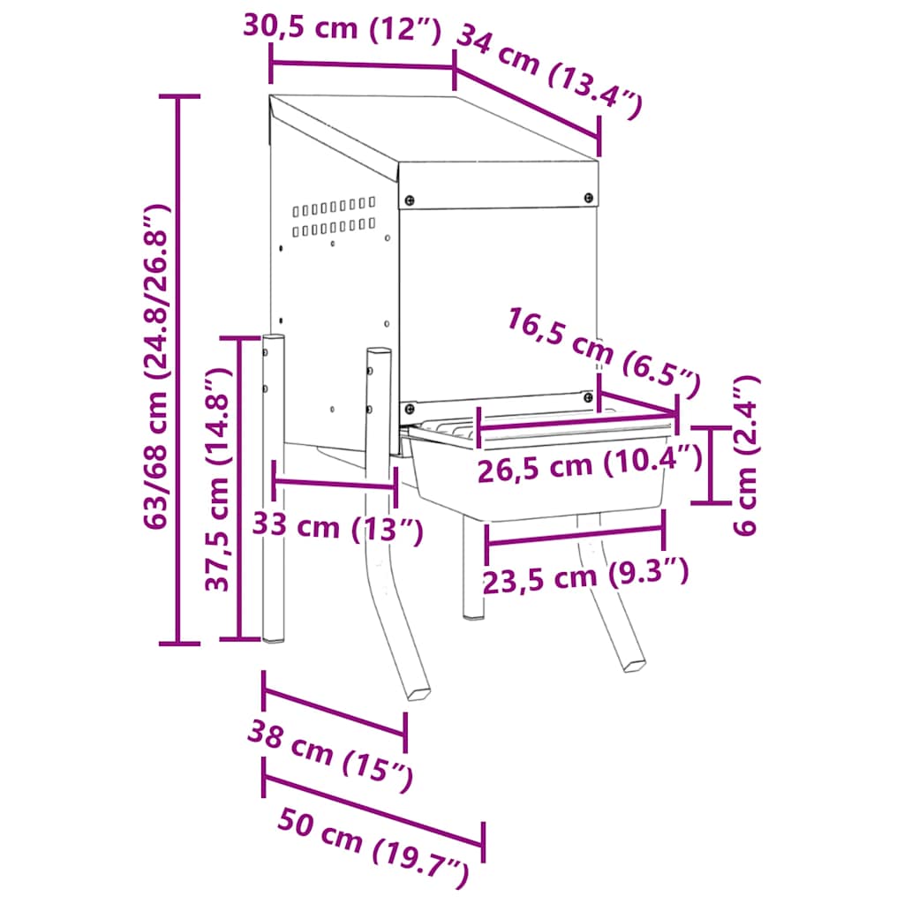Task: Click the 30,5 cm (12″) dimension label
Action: [x=341, y=28]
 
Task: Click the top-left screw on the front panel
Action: [x=408, y=200]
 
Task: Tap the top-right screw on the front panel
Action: [x=589, y=199]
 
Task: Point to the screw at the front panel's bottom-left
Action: [x=409, y=409]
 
